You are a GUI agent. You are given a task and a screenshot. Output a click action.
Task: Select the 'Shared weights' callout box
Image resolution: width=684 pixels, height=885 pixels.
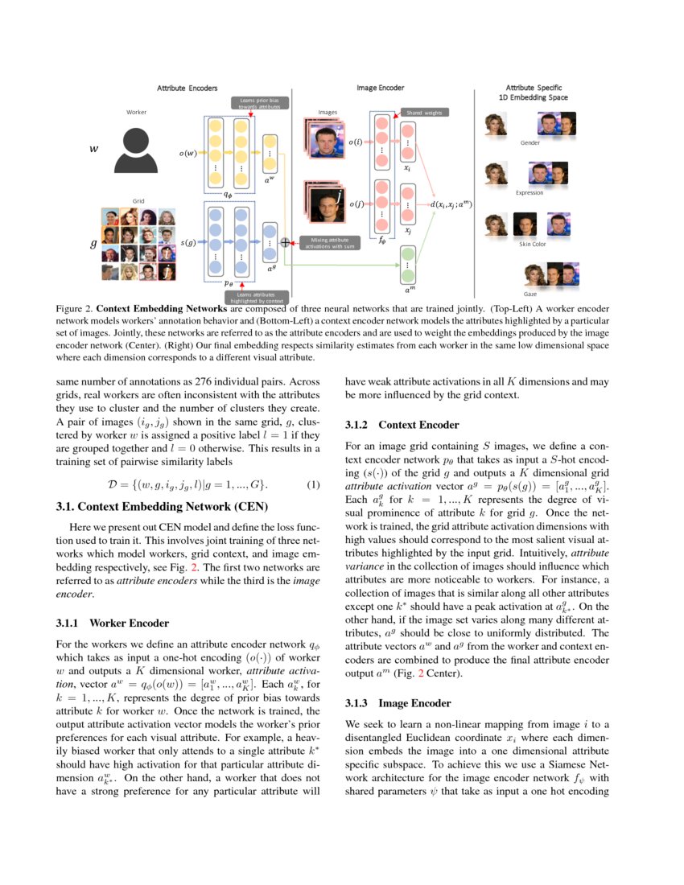pyautogui.click(x=424, y=113)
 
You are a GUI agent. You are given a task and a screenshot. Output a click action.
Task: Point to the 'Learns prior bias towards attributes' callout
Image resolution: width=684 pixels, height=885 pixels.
pyautogui.click(x=258, y=103)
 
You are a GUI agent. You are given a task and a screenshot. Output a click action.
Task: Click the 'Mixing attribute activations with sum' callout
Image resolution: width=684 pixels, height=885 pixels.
pyautogui.click(x=328, y=242)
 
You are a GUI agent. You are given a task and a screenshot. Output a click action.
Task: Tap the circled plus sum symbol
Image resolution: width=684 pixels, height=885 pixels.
pyautogui.click(x=285, y=241)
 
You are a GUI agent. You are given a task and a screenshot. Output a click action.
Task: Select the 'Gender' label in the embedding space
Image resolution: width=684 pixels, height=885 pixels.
pyautogui.click(x=529, y=142)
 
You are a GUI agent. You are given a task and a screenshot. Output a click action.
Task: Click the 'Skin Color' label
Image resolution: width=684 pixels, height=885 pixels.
pyautogui.click(x=532, y=244)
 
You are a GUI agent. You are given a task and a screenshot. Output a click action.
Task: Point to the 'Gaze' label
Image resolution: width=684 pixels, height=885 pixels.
pyautogui.click(x=530, y=294)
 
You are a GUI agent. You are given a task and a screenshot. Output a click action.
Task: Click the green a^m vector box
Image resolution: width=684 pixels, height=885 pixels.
pyautogui.click(x=407, y=262)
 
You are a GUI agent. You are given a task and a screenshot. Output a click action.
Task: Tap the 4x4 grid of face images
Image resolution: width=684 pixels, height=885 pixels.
pyautogui.click(x=138, y=244)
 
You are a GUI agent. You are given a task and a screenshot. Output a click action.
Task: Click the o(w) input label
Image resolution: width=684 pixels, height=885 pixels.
pyautogui.click(x=187, y=153)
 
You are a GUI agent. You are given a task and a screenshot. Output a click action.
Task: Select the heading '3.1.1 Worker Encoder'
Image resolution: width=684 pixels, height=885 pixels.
pyautogui.click(x=112, y=623)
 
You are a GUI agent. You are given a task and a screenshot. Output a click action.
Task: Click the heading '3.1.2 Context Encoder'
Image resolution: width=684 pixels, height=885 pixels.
pyautogui.click(x=402, y=424)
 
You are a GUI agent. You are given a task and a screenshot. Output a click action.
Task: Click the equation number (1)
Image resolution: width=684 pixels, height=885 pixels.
pyautogui.click(x=314, y=485)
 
